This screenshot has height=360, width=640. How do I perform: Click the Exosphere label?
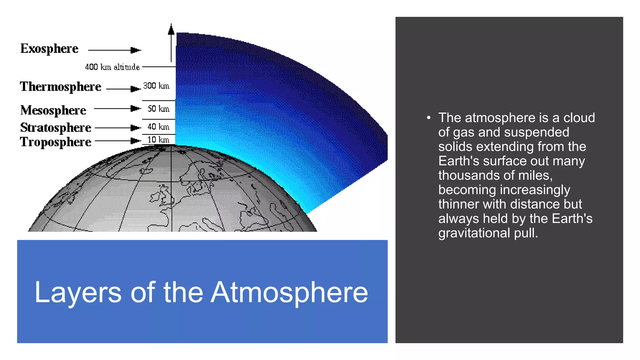[49, 49]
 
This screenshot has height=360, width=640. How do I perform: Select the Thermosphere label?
[61, 87]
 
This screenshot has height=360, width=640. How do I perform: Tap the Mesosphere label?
[53, 110]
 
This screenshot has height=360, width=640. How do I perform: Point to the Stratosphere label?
[56, 127]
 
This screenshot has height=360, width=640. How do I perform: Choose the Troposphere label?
[56, 142]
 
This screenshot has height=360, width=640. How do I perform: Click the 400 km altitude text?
[112, 67]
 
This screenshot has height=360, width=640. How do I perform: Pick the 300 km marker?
[156, 86]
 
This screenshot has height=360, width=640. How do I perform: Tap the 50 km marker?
[158, 108]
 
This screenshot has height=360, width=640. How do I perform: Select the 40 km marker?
[158, 127]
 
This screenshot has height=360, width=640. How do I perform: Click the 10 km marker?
[158, 139]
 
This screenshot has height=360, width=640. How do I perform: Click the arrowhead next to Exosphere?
[136, 50]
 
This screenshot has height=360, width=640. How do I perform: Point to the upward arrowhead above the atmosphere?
[171, 30]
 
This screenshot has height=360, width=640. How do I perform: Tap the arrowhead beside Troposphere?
[136, 141]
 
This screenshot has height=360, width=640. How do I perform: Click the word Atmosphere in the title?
[289, 292]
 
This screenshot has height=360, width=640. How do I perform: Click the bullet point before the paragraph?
[429, 118]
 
